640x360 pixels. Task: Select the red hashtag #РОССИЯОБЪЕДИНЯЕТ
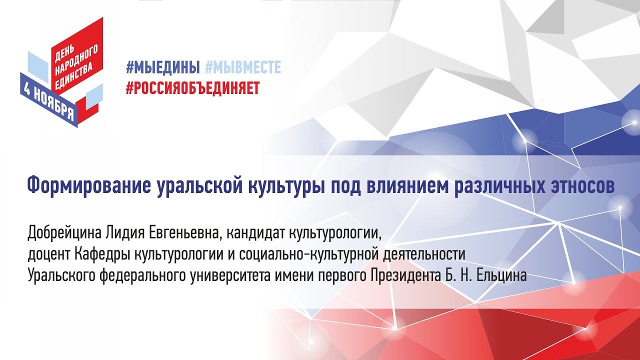[x=192, y=87]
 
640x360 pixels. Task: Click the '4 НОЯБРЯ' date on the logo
[x=48, y=100]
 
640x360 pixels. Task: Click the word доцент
[x=48, y=254]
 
